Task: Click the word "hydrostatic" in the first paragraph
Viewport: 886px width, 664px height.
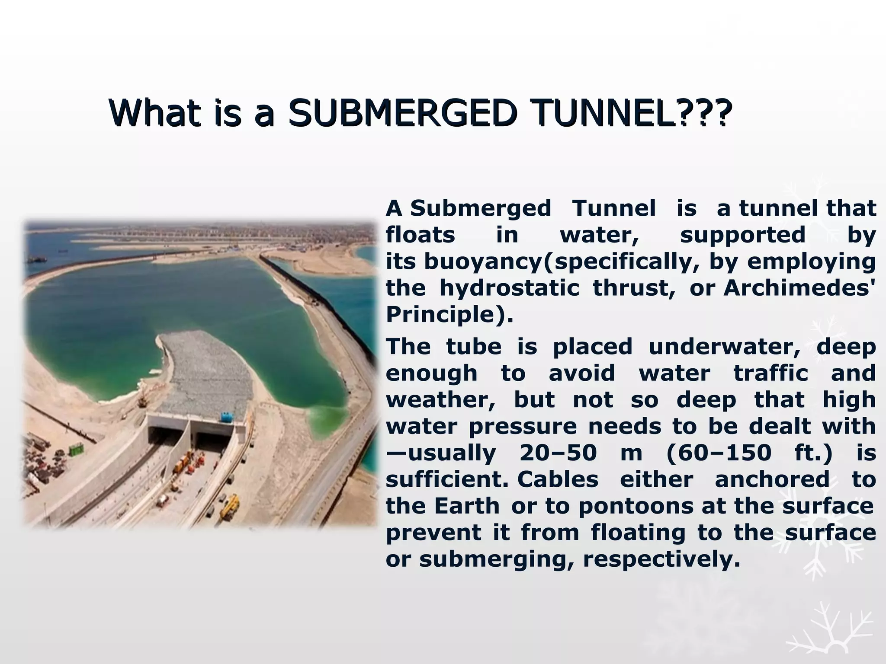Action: point(509,288)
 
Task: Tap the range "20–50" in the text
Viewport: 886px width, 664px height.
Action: point(558,453)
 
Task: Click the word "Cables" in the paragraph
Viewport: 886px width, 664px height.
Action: point(558,480)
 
